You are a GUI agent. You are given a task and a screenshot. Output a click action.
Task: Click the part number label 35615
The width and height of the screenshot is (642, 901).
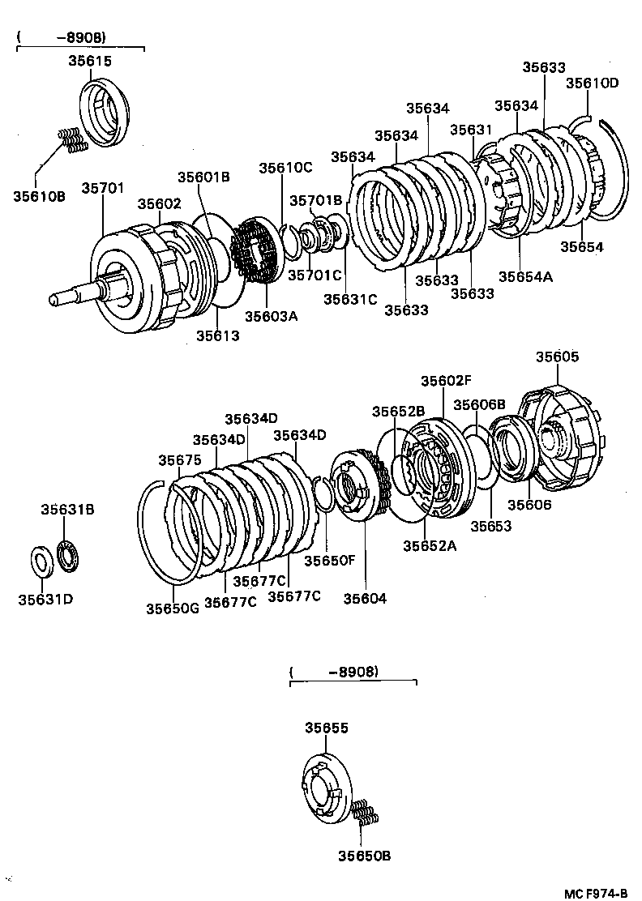pos(89,61)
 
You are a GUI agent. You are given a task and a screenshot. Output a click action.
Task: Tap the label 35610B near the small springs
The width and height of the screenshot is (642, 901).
pos(38,194)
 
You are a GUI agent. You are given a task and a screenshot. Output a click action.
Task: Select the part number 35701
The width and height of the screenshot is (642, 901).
pos(102,189)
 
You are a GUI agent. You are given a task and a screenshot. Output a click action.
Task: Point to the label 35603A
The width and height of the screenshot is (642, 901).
pos(272,316)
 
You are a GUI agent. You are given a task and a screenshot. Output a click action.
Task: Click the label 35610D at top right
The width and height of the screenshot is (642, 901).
pos(592,83)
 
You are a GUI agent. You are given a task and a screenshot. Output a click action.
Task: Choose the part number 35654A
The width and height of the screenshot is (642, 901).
pos(525,276)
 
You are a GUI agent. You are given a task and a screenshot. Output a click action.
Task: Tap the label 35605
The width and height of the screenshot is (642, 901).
pos(558,357)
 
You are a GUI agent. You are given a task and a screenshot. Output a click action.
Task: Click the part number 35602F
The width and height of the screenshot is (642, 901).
pos(446,381)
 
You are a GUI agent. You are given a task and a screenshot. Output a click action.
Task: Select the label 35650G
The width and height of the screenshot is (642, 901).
pos(173,608)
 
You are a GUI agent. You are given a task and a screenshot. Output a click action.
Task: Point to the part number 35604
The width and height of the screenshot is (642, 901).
pos(365,598)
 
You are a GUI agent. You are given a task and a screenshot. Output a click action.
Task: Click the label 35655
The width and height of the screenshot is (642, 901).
pos(327,728)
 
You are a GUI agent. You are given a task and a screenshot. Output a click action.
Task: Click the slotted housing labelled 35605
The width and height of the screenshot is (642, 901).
pos(561,442)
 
